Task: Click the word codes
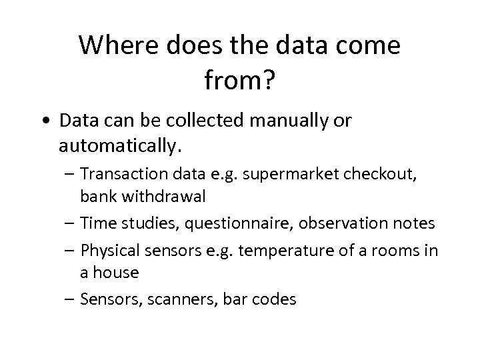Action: [276, 299]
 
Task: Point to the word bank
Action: [95, 198]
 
